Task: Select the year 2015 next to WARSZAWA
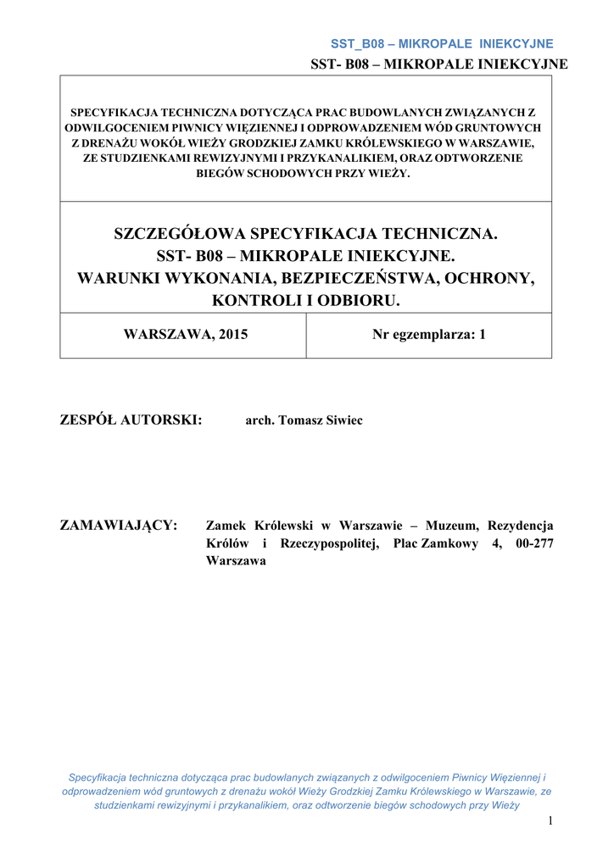pyautogui.click(x=233, y=334)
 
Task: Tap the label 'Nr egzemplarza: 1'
pyautogui.click(x=428, y=334)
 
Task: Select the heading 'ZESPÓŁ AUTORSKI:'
pyautogui.click(x=131, y=420)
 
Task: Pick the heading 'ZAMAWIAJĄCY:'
pyautogui.click(x=119, y=526)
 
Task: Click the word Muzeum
pyautogui.click(x=453, y=526)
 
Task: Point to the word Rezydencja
pyautogui.click(x=521, y=526)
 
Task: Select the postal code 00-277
pyautogui.click(x=533, y=543)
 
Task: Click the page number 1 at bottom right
pyautogui.click(x=550, y=820)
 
